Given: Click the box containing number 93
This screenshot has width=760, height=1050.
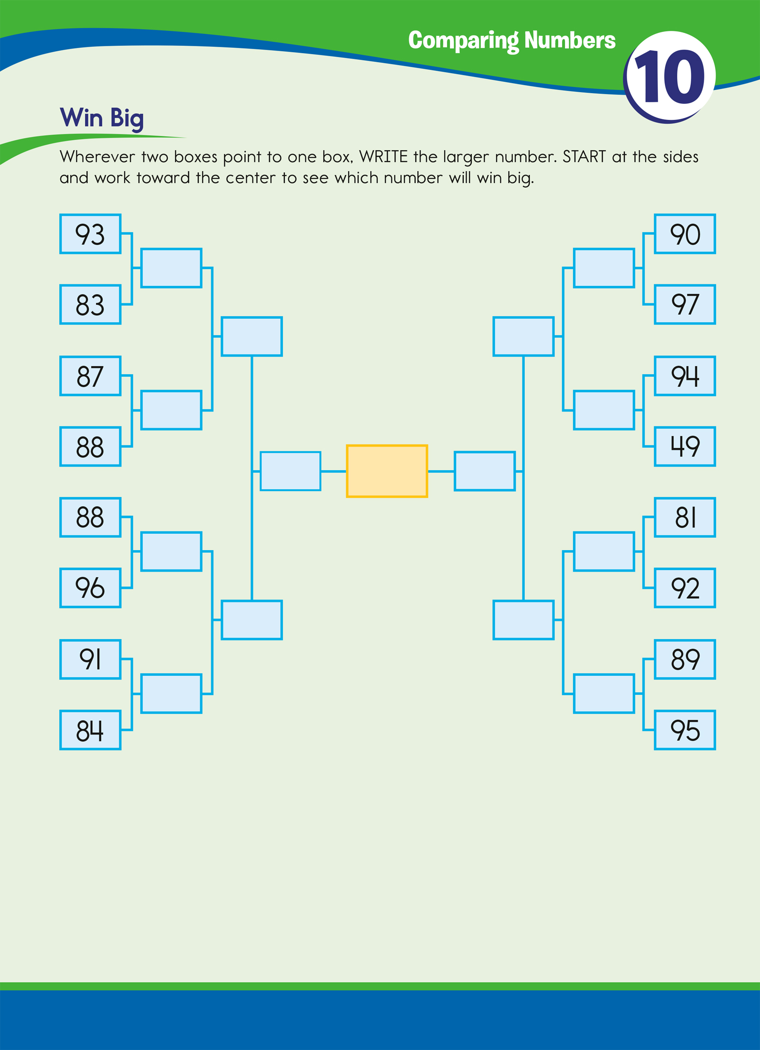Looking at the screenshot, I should pos(90,234).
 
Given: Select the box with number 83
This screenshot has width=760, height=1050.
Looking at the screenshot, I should pos(90,304).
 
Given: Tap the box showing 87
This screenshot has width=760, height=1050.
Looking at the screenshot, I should pos(90,376).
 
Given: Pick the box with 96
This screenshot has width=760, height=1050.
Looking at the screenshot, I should pos(90,588).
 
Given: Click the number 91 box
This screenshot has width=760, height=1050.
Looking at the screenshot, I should pos(90,659).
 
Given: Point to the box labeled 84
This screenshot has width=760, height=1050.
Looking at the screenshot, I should pos(90,730).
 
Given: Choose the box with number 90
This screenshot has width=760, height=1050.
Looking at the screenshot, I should pos(684,234).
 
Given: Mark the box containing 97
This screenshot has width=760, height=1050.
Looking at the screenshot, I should pos(684,304).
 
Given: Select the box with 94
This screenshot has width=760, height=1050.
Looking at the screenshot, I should pos(684,376).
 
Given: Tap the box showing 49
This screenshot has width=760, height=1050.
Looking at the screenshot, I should pos(684,446).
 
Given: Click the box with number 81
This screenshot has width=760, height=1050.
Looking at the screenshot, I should pos(684,518).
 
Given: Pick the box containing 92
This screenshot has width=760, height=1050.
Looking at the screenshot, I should pos(684,588).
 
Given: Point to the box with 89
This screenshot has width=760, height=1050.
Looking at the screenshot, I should pos(684,659).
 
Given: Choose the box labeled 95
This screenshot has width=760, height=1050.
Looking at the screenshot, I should pos(684,730).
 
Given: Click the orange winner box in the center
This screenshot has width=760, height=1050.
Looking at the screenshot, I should pos(387,471).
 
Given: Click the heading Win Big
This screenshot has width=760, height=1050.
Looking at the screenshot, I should pos(101,118).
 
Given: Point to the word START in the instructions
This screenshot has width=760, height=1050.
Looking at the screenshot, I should pos(584,157).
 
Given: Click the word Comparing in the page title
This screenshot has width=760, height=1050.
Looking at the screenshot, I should pos(463,41).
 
